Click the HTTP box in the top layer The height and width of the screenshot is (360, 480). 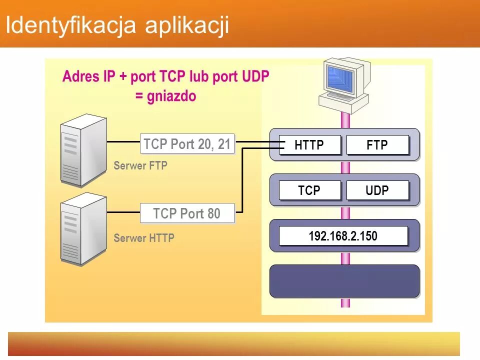[309, 145]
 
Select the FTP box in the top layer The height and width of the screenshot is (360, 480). [377, 145]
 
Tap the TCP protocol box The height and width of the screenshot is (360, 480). [309, 190]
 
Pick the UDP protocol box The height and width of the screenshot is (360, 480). [377, 190]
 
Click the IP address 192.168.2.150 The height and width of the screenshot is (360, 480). [343, 236]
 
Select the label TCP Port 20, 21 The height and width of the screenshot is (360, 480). [187, 144]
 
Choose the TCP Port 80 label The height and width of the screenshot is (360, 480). [187, 213]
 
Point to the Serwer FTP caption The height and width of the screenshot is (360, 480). [140, 166]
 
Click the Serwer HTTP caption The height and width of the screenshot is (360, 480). [144, 238]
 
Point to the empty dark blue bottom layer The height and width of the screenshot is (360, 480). [344, 281]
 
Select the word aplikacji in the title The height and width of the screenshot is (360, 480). [187, 25]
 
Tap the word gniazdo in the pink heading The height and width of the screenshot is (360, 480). [172, 96]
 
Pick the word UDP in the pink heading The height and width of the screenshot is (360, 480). [255, 76]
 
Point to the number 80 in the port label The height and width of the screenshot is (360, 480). [213, 213]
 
